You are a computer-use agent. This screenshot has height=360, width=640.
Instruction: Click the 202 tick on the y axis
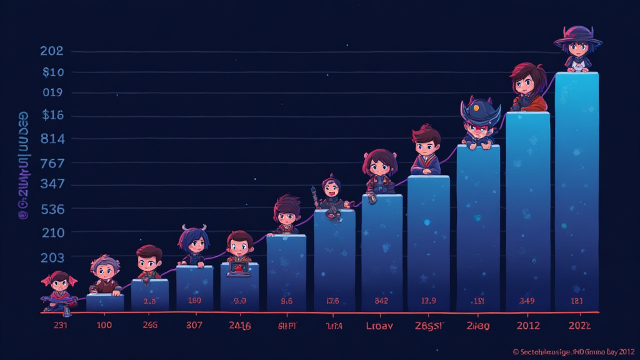(x=51, y=51)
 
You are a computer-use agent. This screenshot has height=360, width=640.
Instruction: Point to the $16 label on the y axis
(x=52, y=115)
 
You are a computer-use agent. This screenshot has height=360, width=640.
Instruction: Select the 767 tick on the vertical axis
(x=52, y=164)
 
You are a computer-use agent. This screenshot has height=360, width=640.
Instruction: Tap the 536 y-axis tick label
(x=52, y=209)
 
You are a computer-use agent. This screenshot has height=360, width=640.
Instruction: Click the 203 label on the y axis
(x=52, y=257)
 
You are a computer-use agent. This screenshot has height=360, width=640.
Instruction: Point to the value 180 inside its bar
(x=194, y=301)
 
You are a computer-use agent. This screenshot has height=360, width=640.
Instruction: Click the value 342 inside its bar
(x=381, y=301)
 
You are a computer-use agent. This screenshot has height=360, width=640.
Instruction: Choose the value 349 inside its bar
(x=527, y=301)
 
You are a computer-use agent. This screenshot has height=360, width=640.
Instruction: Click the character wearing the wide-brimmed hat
(x=577, y=48)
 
